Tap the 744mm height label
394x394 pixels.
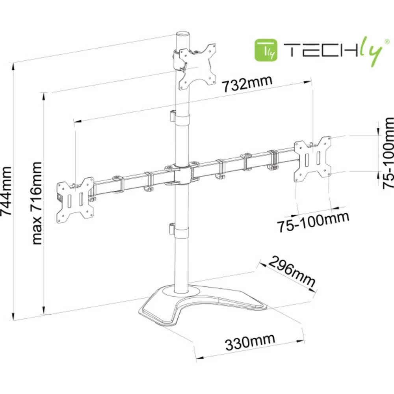7,191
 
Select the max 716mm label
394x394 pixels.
37,203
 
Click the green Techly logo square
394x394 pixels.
268,50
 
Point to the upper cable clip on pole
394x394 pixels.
171,116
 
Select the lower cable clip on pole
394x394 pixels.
171,229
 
